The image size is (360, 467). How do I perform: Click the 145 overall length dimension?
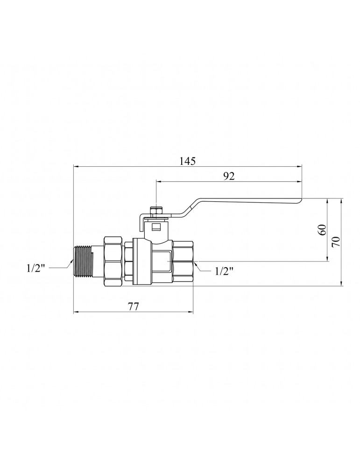tap(188, 161)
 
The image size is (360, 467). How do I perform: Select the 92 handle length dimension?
tap(229, 176)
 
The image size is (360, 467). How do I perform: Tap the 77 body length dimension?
tap(133, 306)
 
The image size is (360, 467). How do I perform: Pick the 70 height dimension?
tap(336, 241)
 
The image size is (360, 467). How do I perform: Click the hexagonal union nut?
tap(113, 261)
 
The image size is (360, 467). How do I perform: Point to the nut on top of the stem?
tap(156, 211)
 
